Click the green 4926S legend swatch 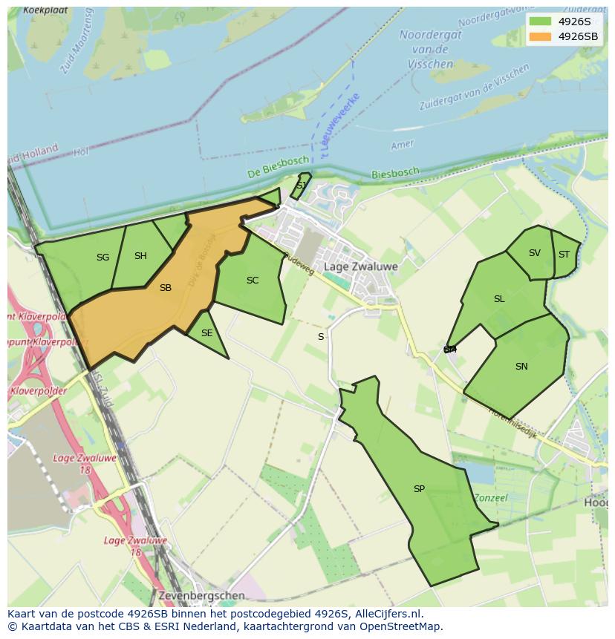click(541, 22)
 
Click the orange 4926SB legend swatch click(541, 36)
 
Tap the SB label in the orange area click(166, 288)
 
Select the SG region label click(102, 258)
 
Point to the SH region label click(140, 256)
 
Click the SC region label click(253, 281)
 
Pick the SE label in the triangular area click(206, 333)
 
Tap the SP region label click(419, 489)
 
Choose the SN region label click(521, 367)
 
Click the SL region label click(499, 299)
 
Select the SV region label click(535, 253)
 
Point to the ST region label click(564, 255)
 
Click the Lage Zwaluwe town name click(361, 266)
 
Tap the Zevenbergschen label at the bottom click(201, 596)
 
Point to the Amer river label click(403, 145)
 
